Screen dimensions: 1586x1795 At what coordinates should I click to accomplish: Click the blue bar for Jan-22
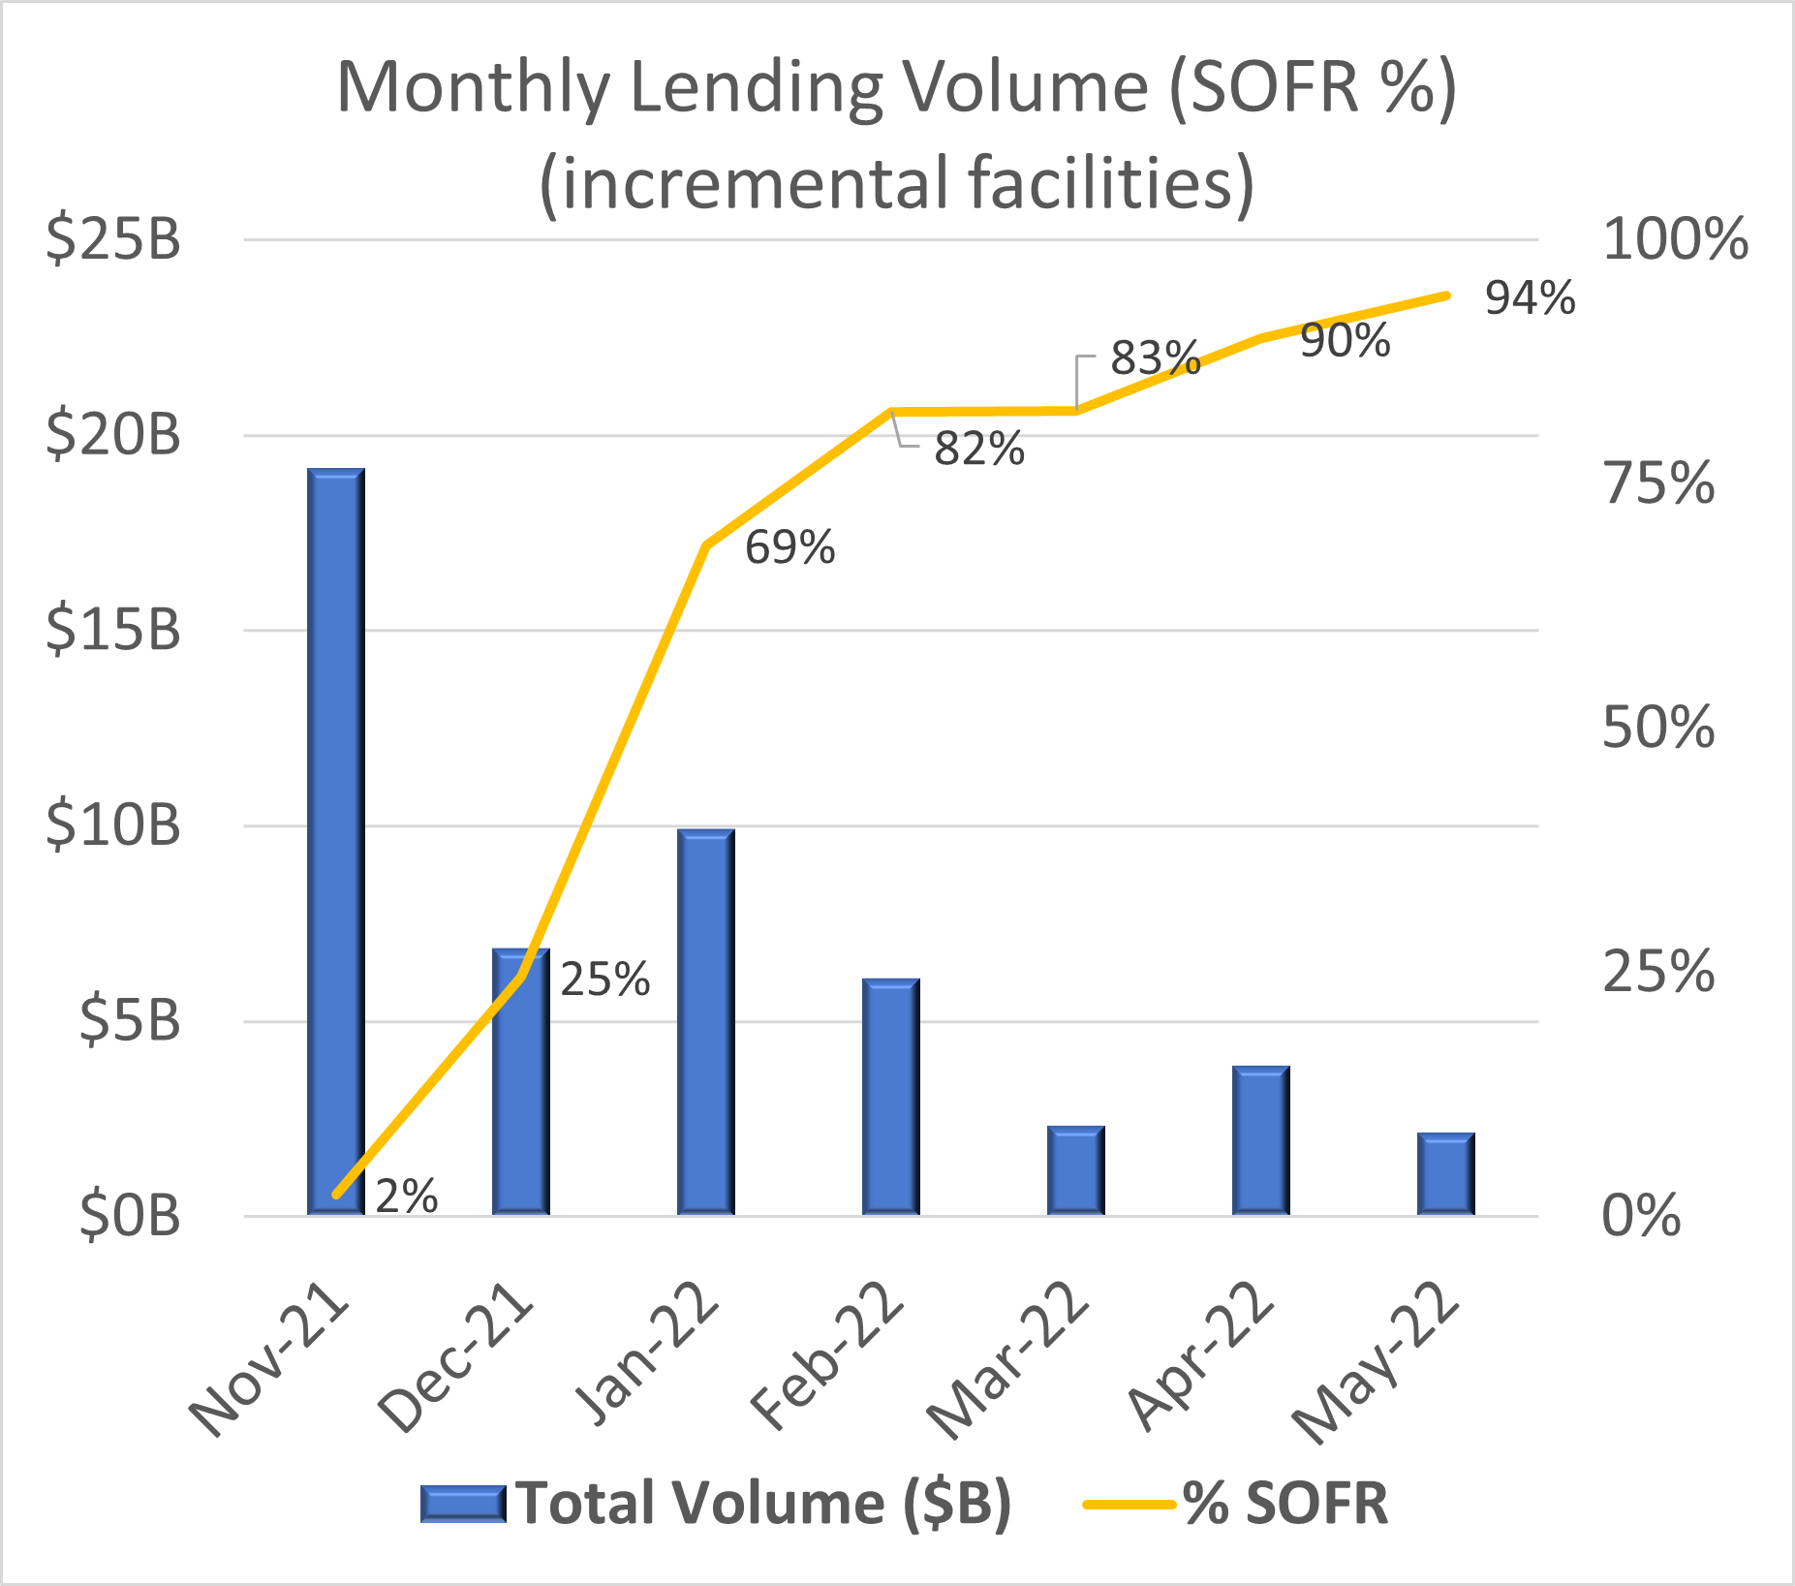tap(705, 1022)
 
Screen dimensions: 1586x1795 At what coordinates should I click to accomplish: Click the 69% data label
tap(789, 547)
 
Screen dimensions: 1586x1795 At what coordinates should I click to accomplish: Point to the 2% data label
tap(406, 1197)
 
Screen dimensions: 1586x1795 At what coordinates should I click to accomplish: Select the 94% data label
tap(1530, 298)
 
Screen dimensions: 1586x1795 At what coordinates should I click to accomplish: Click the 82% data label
tap(978, 450)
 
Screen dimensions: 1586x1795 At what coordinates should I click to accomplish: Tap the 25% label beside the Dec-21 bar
tap(604, 980)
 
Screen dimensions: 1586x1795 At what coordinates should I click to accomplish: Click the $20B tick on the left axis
tap(113, 434)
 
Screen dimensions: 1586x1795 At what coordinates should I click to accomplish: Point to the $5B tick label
tap(129, 1020)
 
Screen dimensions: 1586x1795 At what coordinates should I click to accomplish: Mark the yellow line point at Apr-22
tap(1260, 337)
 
